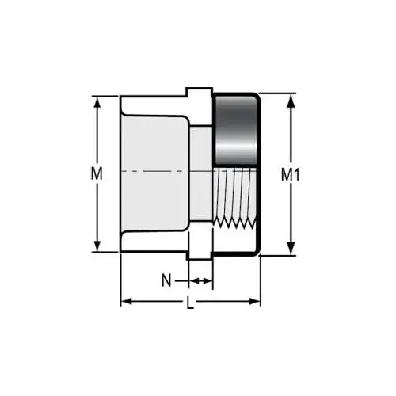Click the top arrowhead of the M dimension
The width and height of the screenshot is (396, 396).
[x=99, y=101]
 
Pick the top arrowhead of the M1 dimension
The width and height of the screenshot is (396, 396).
[x=291, y=99]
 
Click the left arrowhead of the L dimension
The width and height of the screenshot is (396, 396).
[x=125, y=301]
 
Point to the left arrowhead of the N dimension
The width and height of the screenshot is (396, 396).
[x=191, y=280]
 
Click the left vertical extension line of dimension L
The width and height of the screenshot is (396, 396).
[x=120, y=281]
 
